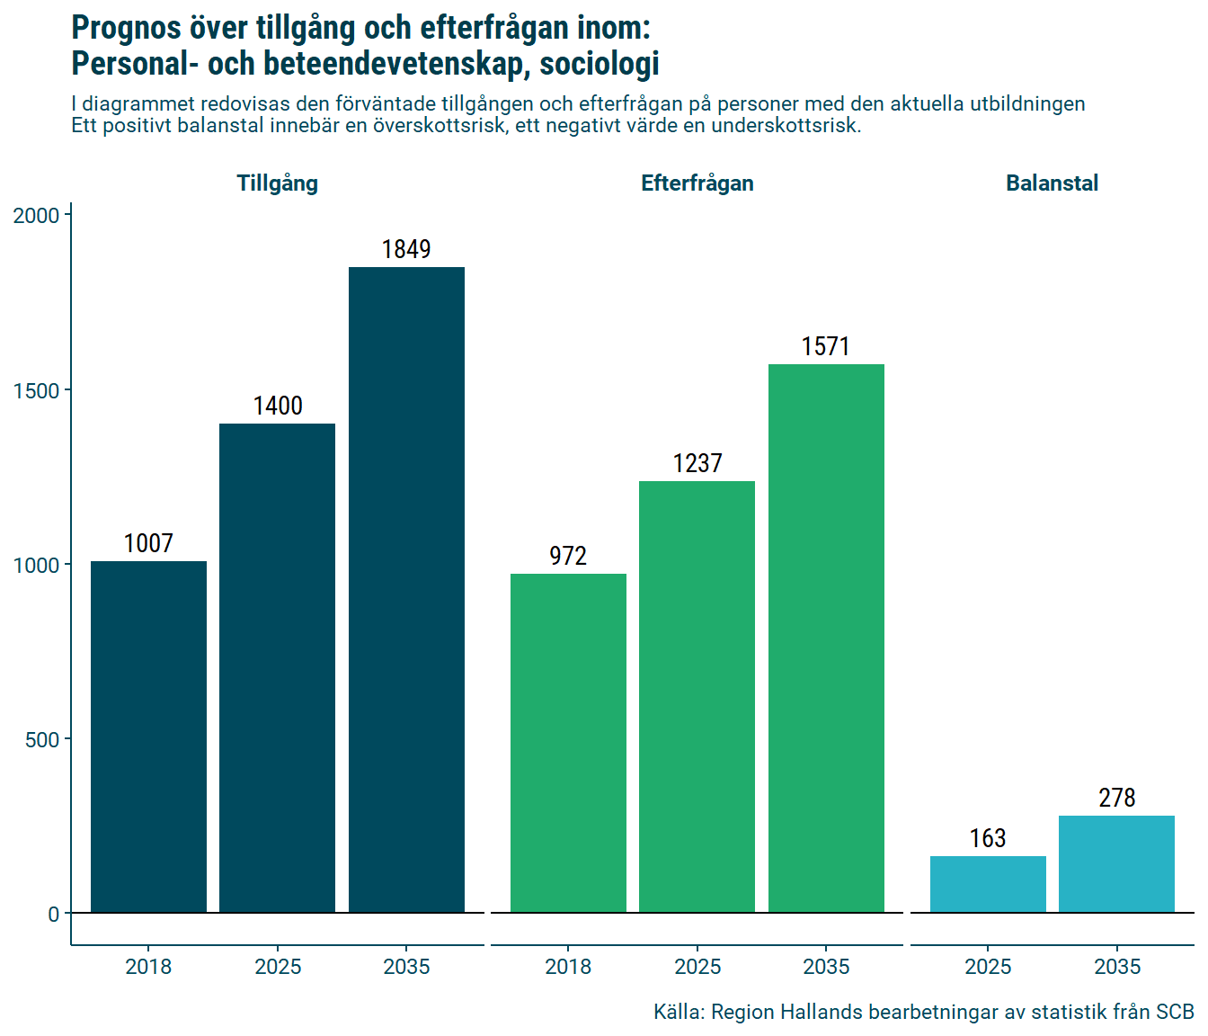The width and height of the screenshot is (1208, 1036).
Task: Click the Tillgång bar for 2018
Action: pos(148,737)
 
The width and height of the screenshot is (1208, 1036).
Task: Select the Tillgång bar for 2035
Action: pos(406,590)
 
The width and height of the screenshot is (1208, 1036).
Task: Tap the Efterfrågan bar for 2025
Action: pos(697,697)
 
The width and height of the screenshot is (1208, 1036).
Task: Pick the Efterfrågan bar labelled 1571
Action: pos(826,639)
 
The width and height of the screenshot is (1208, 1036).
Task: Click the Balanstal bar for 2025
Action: pos(988,885)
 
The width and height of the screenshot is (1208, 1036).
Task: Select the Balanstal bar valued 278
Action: pos(1116,864)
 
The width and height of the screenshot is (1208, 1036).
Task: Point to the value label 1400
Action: pos(278,406)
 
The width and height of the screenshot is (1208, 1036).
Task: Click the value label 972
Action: pos(568,557)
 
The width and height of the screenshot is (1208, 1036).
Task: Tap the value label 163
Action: pos(988,839)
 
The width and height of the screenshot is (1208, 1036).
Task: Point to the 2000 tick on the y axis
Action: pos(36,216)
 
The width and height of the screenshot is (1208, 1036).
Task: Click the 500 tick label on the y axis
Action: pos(42,740)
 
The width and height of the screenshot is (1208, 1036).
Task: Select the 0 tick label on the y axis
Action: pos(54,915)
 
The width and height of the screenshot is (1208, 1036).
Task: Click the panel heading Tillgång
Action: pos(277,183)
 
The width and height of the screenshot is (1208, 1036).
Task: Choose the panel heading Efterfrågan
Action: pos(697,183)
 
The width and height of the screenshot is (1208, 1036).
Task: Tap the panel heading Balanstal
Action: pos(1052,183)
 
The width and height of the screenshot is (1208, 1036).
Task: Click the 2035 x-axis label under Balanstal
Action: pos(1116,968)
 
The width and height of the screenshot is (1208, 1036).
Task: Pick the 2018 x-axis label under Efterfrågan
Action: pos(568,968)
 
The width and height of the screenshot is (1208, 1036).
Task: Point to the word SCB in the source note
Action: pos(1175,1013)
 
